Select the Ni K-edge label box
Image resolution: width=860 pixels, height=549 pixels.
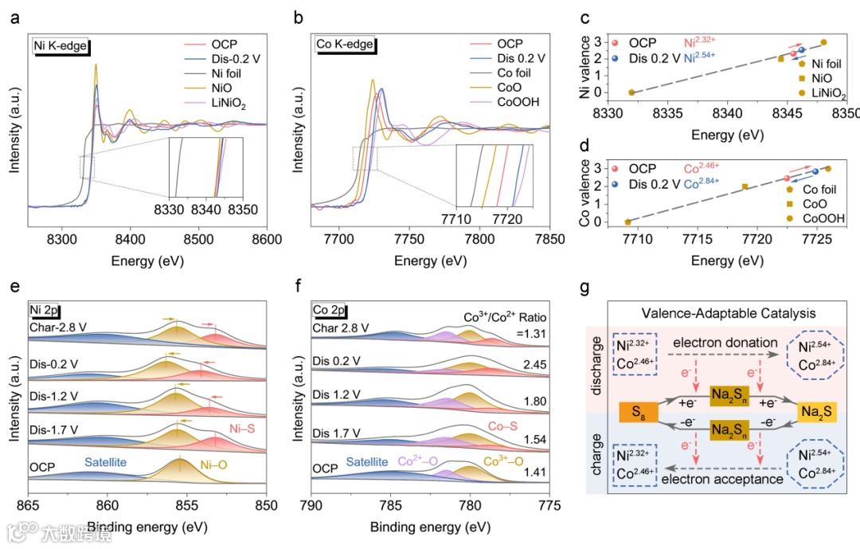[61, 45]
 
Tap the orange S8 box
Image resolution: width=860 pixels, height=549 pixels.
[638, 413]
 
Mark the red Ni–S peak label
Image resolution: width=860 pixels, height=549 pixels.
[244, 427]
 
